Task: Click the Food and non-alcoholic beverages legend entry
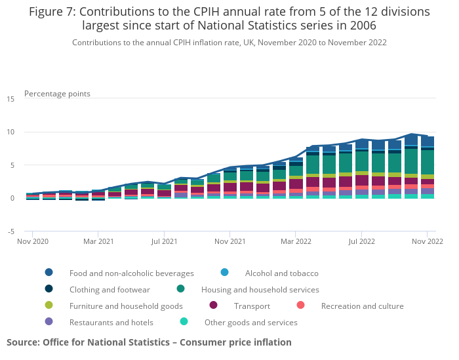(131, 273)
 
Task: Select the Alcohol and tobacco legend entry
(281, 273)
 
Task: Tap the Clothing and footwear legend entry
(110, 289)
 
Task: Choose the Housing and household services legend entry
(260, 289)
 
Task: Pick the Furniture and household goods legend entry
(126, 306)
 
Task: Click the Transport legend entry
(251, 306)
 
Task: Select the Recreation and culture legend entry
(362, 306)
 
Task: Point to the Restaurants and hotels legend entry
(111, 322)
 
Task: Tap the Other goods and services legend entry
(250, 322)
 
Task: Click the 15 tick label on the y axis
(10, 99)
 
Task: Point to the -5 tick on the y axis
(10, 231)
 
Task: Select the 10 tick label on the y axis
(10, 132)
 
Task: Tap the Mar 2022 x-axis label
(296, 242)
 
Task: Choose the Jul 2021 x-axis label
(164, 242)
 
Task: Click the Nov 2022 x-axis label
(427, 242)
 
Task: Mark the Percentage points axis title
(57, 94)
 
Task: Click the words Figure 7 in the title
(53, 12)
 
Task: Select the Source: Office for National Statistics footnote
(149, 342)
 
